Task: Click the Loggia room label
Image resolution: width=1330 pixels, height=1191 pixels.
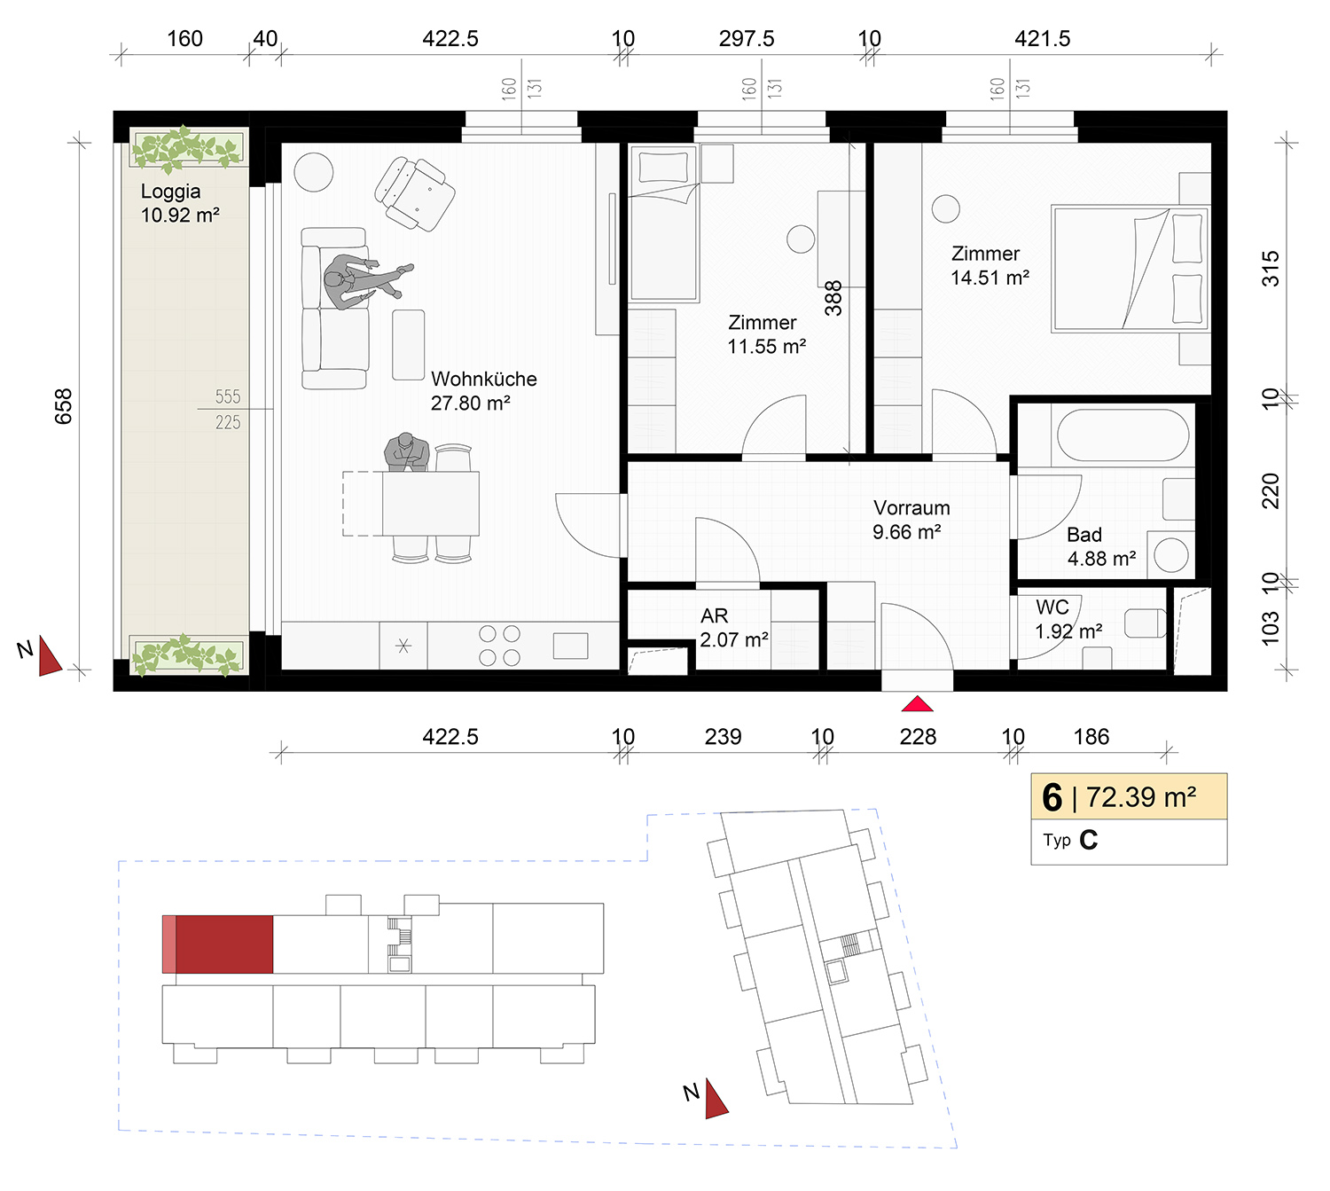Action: (x=179, y=203)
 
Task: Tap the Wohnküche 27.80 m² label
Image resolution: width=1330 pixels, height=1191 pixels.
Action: (x=483, y=391)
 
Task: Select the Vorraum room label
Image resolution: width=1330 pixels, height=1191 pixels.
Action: (x=911, y=520)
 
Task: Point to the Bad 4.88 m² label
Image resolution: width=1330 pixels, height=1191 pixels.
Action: (x=1101, y=546)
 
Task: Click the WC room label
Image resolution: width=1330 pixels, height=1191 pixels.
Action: (x=1068, y=619)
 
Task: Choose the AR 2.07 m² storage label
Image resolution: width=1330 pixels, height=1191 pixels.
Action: (x=733, y=627)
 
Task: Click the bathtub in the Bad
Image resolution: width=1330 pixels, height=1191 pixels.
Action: (x=1123, y=435)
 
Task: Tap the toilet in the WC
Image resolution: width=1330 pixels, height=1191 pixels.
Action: (x=1146, y=623)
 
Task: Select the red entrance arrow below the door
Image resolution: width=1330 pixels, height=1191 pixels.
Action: (x=917, y=704)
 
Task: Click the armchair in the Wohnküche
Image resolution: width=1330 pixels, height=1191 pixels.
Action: (x=415, y=193)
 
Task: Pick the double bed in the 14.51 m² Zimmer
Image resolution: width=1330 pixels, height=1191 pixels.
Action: (x=1130, y=269)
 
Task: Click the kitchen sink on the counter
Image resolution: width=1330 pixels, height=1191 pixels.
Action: (x=570, y=646)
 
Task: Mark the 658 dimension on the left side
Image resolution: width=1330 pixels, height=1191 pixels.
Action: (x=64, y=406)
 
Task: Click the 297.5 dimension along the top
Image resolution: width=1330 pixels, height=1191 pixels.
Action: (x=747, y=38)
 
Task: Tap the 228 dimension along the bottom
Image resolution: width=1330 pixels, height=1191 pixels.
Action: (x=917, y=737)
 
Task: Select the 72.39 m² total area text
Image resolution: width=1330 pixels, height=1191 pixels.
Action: (x=1141, y=797)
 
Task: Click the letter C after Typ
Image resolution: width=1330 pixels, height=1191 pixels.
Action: (x=1088, y=841)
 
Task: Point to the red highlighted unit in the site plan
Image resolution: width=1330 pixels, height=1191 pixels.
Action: (x=223, y=944)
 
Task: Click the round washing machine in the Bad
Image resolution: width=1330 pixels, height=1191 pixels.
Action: (x=1171, y=554)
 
